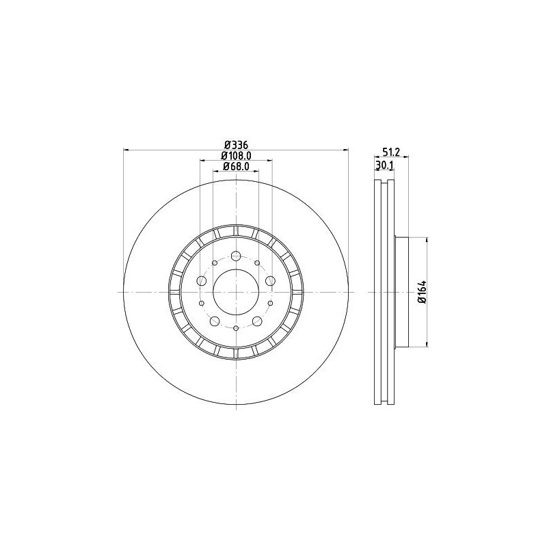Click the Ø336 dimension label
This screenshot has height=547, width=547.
point(236,145)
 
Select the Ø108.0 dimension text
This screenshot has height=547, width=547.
point(236,156)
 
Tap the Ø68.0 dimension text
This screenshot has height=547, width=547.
point(236,166)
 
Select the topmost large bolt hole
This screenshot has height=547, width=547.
point(236,256)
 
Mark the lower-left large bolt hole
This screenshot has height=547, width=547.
point(215,321)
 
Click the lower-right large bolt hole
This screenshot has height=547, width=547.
point(257,321)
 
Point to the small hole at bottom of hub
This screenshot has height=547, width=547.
point(236,329)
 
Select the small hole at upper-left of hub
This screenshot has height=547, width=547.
point(215,263)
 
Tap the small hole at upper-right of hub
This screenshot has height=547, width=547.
point(257,263)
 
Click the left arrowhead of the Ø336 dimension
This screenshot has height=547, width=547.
point(126,150)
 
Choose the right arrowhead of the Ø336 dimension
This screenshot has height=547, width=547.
point(346,150)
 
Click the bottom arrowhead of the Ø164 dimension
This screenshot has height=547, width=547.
point(428,343)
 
